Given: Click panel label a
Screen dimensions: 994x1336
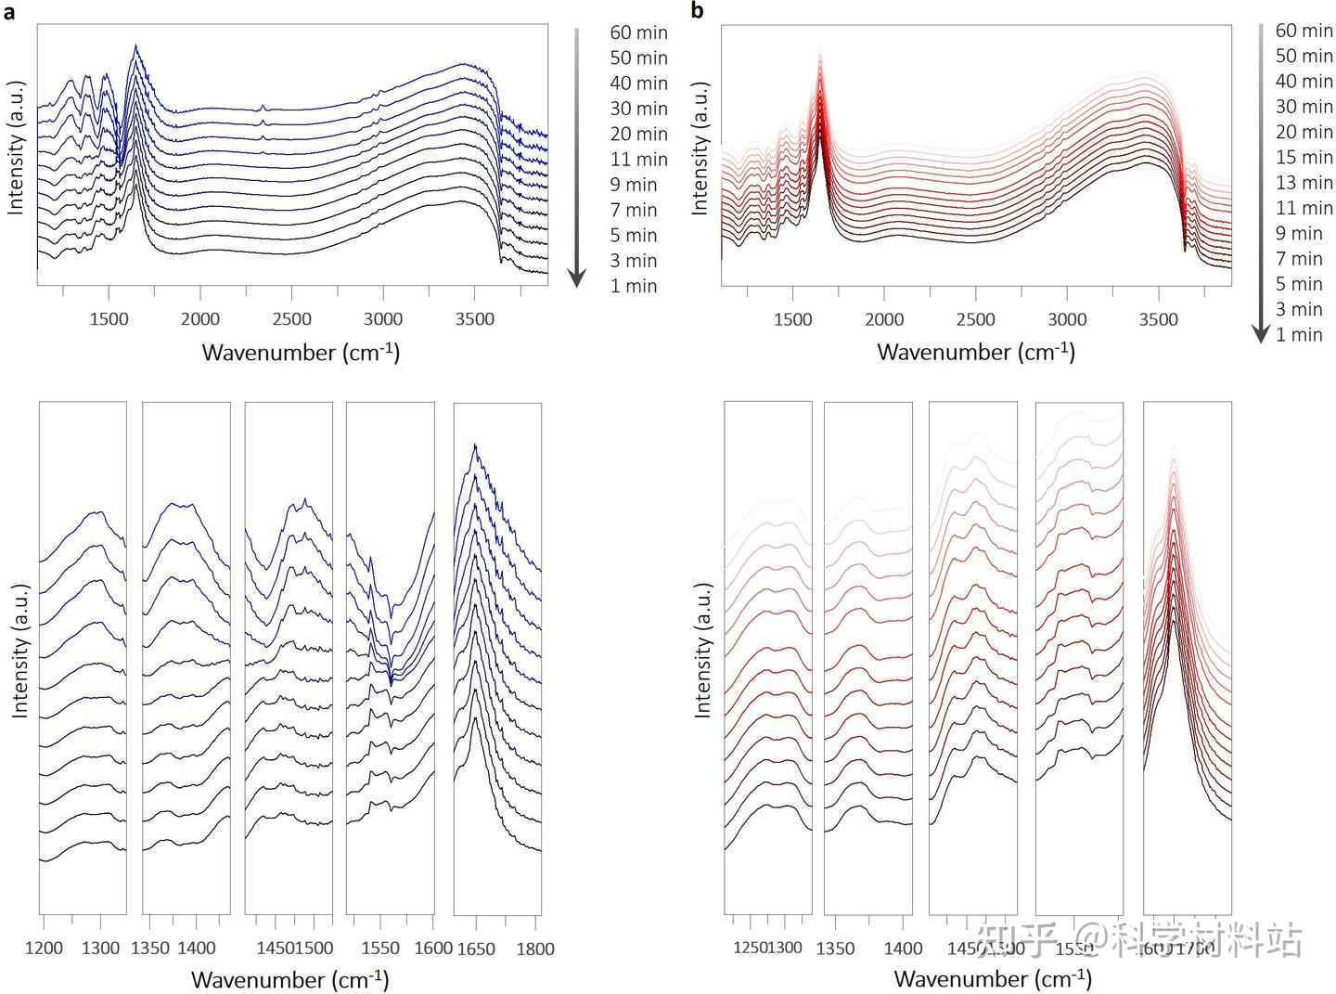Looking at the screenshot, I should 9,12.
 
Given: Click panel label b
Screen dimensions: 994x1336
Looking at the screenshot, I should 698,11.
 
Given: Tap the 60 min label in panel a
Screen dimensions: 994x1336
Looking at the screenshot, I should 638,32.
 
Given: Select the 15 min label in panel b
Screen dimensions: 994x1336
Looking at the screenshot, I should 1304,158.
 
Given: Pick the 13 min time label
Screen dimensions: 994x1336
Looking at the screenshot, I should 1304,183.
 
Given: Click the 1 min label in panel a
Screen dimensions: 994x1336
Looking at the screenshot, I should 633,286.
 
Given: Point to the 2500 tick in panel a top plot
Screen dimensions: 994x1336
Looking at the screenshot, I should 291,319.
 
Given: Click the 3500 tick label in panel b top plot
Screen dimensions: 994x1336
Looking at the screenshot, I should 1158,319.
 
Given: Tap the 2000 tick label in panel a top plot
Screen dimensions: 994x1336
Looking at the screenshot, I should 200,319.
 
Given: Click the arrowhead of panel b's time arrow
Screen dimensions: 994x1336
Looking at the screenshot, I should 1261,333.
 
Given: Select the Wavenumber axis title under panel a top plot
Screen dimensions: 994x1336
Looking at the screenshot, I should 301,353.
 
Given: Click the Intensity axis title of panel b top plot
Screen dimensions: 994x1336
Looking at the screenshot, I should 700,148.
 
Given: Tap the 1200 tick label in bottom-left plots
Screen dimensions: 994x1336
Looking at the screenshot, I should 44,949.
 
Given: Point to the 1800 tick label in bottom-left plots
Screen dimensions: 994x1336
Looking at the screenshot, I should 535,949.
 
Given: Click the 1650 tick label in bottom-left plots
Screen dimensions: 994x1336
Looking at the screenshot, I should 475,949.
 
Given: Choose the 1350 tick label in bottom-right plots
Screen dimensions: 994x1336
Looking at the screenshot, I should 835,949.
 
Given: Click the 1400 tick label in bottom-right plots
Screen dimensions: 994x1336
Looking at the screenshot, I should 903,949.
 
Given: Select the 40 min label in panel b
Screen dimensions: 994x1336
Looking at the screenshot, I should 1304,82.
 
